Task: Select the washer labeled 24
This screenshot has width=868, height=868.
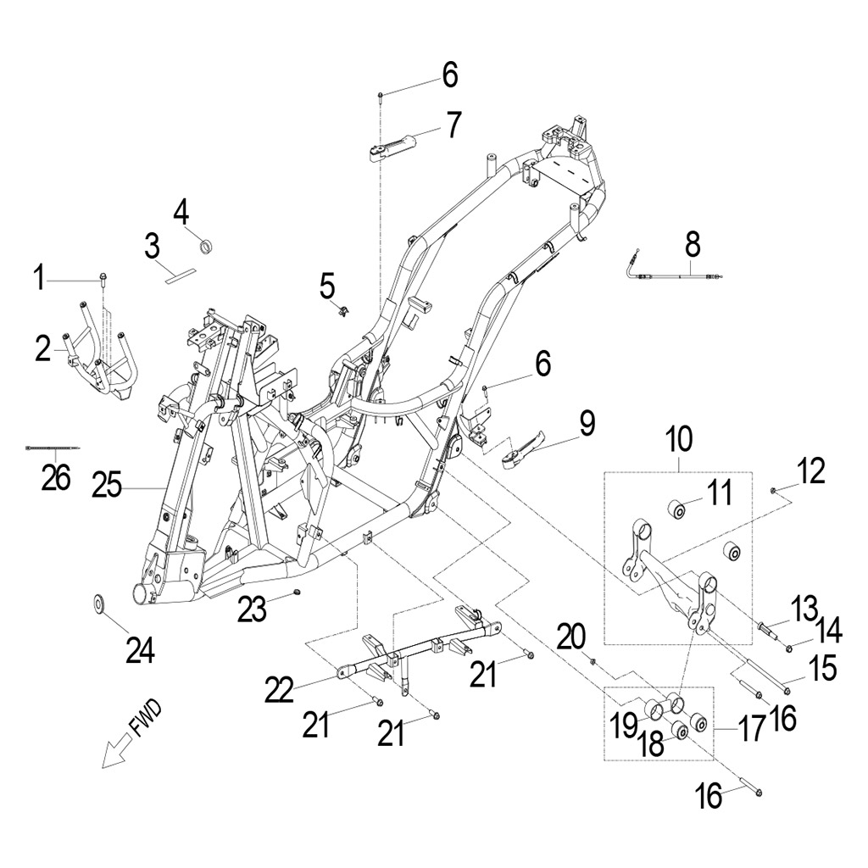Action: coord(99,604)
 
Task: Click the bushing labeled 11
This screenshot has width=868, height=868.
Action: coord(676,510)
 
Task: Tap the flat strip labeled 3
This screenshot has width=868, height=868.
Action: coord(180,273)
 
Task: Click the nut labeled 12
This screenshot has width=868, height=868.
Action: coord(775,491)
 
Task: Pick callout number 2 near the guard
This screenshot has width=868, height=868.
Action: coord(43,348)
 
